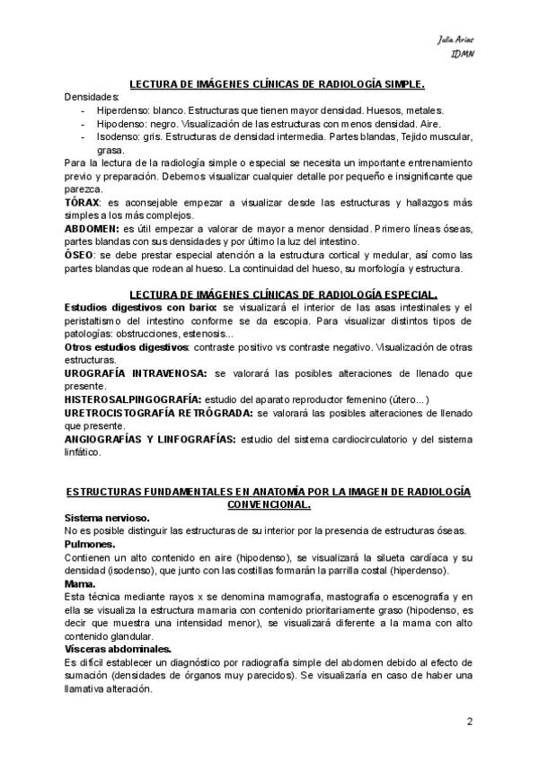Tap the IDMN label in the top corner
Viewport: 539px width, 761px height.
pyautogui.click(x=462, y=55)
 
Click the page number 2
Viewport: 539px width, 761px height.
pyautogui.click(x=469, y=722)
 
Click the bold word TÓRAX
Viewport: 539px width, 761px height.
pyautogui.click(x=84, y=205)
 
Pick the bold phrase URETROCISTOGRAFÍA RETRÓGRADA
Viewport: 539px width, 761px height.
pyautogui.click(x=159, y=414)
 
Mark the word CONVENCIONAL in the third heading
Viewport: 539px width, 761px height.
pyautogui.click(x=269, y=505)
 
